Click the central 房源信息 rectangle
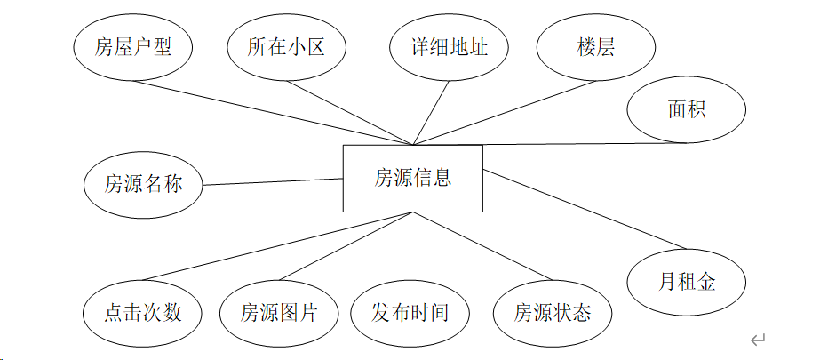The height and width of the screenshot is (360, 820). coord(413,178)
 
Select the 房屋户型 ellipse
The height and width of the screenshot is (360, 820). coord(131,47)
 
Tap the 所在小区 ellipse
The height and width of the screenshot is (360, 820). coord(285,47)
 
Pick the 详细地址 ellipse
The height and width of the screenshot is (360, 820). coord(450,47)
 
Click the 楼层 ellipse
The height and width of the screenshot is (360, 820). coord(596,47)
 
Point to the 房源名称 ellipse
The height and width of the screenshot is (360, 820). coord(143,185)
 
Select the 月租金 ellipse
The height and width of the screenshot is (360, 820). coord(686,283)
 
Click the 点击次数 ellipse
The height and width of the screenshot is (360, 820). coord(143,312)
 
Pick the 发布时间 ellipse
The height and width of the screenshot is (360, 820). coord(410,312)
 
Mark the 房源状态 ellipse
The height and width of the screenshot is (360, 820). coord(553,312)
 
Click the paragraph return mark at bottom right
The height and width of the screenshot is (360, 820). coord(758,340)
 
